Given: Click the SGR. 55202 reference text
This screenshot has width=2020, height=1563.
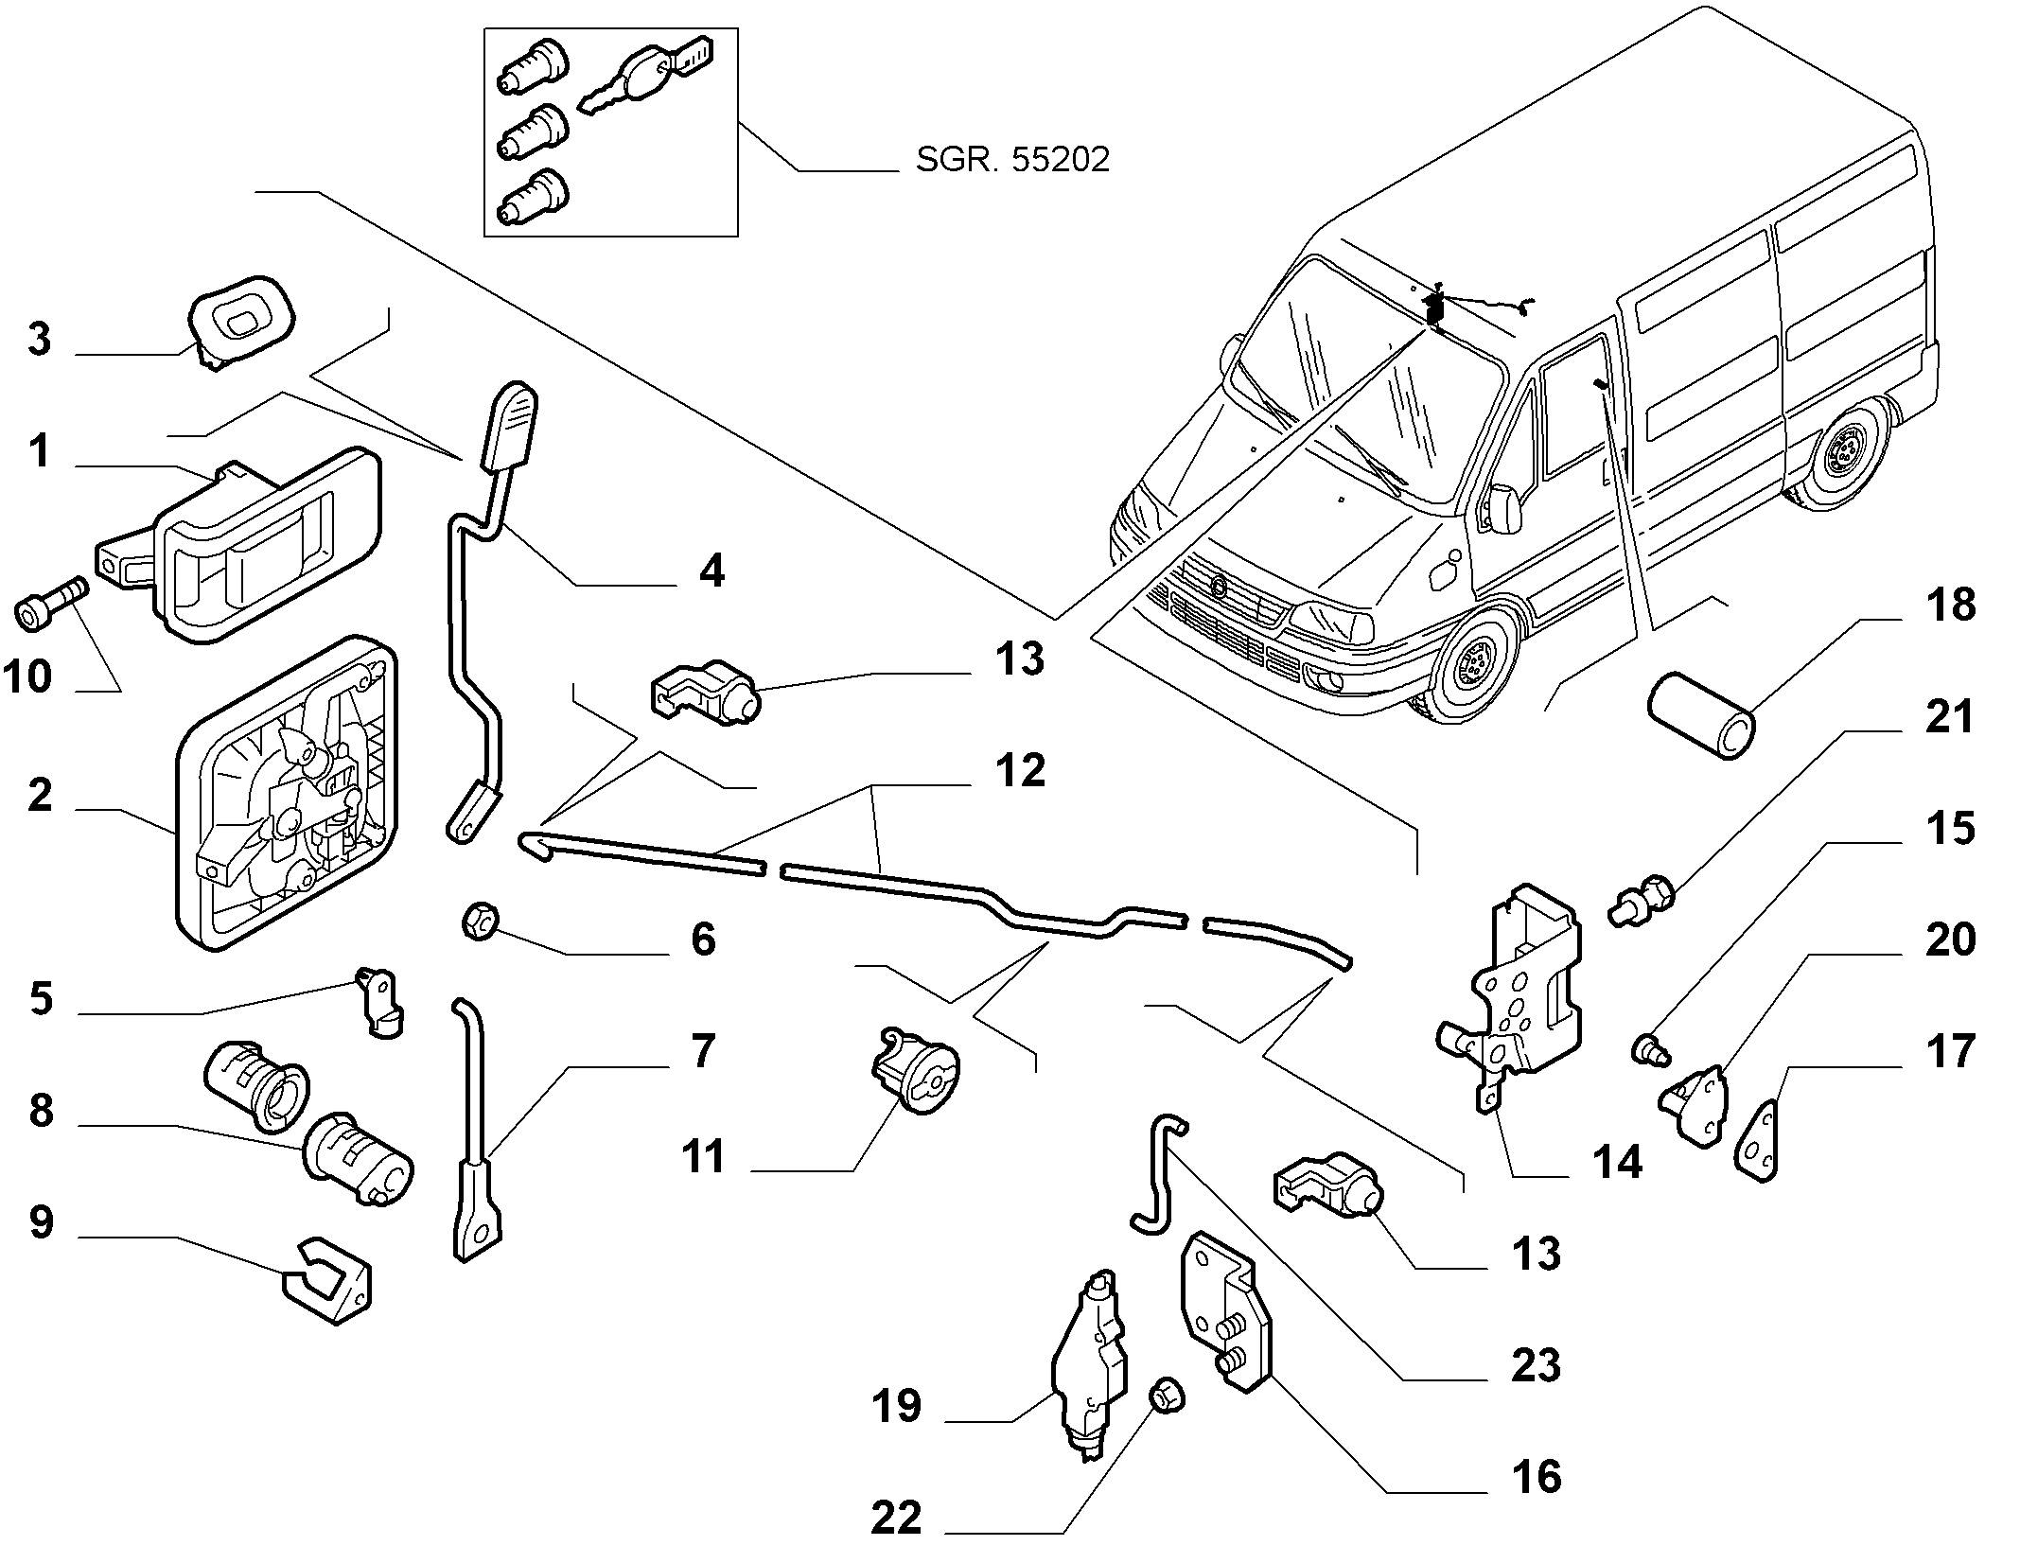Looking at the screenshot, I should pos(1011,160).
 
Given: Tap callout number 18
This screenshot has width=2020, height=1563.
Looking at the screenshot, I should pos(1950,606).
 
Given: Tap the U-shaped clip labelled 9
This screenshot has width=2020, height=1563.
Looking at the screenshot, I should pos(329,1279).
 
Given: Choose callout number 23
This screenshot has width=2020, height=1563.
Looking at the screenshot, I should pos(1535,1366).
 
